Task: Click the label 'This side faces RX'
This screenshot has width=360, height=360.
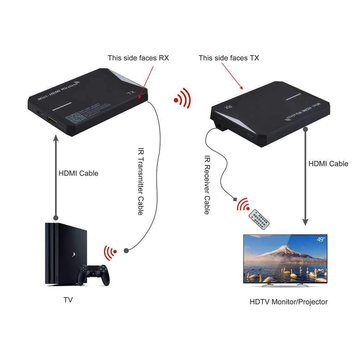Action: coord(138,58)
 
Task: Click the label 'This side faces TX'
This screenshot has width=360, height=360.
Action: coord(229,58)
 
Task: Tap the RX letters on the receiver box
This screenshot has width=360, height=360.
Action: coord(227,107)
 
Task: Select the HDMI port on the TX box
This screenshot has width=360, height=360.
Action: coord(53,121)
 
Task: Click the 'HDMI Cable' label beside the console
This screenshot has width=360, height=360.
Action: coord(78,174)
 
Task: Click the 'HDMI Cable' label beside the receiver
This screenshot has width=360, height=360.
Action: coord(328,164)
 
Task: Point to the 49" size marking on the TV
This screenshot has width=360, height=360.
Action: coord(321,239)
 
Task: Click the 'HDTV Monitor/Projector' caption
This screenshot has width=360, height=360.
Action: coord(288,302)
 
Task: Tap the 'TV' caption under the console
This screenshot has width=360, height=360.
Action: coord(68,300)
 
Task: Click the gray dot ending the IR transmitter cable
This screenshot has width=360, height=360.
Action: coord(126,250)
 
